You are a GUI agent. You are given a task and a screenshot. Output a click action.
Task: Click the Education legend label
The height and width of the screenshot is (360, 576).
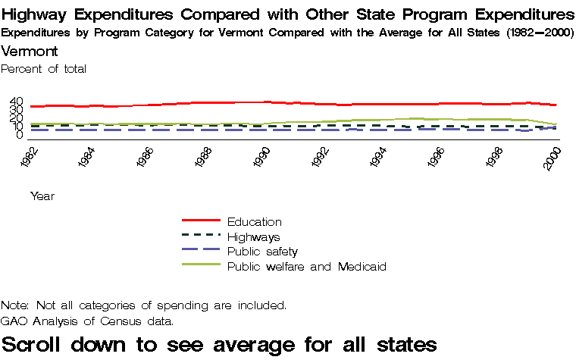(254, 221)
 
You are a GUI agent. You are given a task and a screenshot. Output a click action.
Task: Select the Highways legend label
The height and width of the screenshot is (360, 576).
(253, 236)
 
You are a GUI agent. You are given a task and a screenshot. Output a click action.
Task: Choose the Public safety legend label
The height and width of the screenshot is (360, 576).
(262, 251)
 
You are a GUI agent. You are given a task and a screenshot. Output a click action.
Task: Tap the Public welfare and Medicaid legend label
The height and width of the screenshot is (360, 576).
(307, 266)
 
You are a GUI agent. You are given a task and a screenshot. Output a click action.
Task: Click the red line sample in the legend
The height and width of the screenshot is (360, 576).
(201, 221)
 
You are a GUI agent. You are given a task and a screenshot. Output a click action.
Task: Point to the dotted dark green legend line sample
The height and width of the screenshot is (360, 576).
(201, 236)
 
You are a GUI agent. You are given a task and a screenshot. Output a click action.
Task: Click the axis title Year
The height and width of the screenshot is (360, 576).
(42, 196)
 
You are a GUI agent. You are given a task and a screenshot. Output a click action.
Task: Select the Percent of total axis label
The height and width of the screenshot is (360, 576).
(44, 69)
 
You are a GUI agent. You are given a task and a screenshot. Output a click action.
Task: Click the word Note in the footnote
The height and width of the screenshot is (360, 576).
(14, 305)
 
